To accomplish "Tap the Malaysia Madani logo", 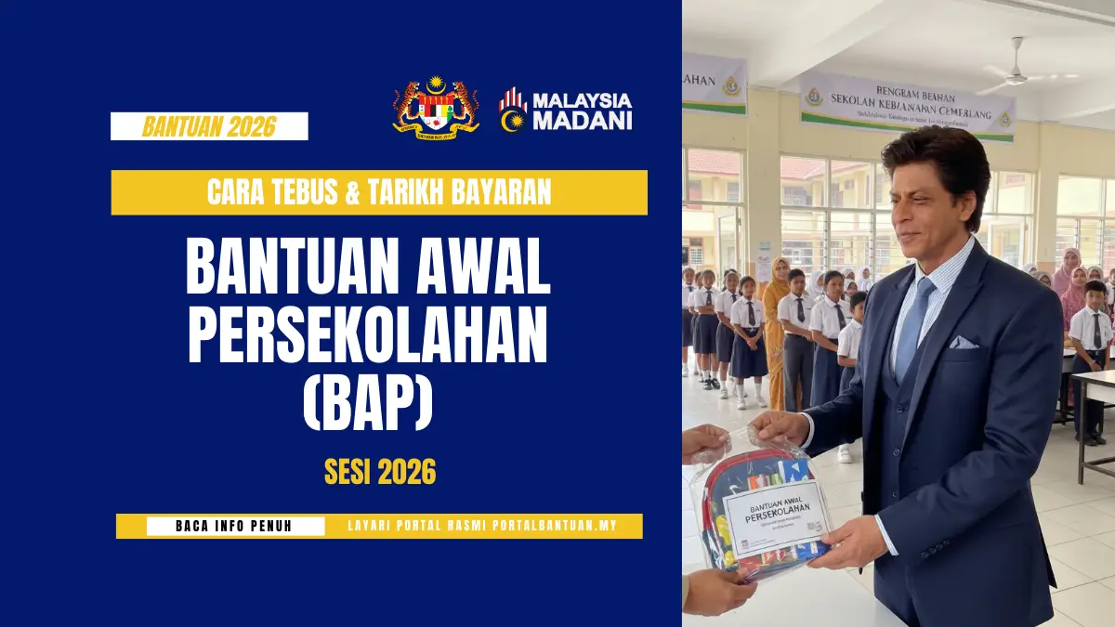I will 565,110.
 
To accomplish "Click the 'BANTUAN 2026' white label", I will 209,126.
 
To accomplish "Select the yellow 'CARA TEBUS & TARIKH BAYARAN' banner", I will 379,192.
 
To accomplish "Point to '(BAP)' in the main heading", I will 368,400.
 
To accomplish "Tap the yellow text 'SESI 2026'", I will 379,473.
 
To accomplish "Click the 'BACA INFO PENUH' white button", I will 234,527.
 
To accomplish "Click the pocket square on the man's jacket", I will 963,342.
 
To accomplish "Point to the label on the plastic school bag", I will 777,514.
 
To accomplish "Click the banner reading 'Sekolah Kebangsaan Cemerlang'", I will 906,108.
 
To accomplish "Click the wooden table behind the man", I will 1096,409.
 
